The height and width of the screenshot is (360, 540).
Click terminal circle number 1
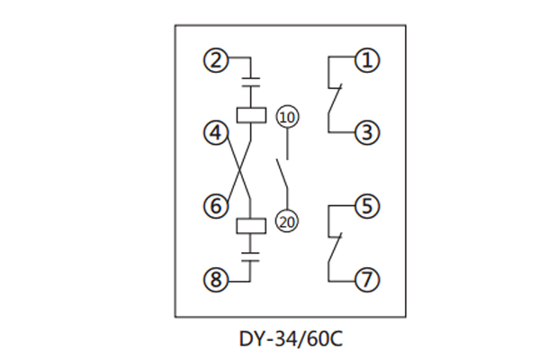pyautogui.click(x=366, y=61)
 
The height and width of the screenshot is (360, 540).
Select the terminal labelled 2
pyautogui.click(x=214, y=61)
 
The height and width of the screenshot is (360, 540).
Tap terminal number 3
pyautogui.click(x=366, y=133)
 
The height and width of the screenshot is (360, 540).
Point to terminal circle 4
pyautogui.click(x=214, y=133)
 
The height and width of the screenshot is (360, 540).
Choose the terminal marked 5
pyautogui.click(x=366, y=206)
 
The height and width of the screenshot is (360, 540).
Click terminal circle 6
pyautogui.click(x=214, y=206)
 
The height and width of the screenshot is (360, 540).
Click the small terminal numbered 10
pyautogui.click(x=287, y=117)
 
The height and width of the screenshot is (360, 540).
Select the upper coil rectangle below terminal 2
pyautogui.click(x=250, y=114)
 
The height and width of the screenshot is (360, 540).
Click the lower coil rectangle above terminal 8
pyautogui.click(x=250, y=226)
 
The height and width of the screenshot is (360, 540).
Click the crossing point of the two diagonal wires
pyautogui.click(x=239, y=169)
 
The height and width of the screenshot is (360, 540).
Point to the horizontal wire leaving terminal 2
pyautogui.click(x=237, y=61)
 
